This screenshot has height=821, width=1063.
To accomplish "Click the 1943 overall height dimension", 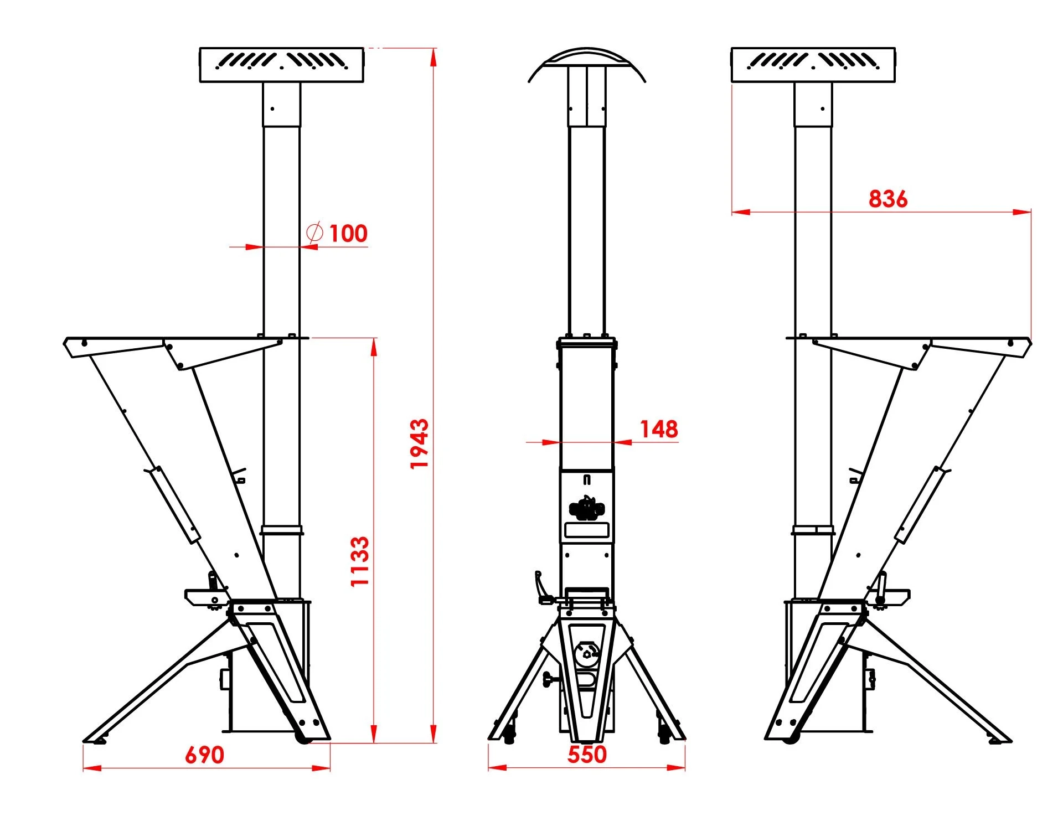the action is tap(419, 443).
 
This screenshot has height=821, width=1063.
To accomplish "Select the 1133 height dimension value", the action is tap(360, 561).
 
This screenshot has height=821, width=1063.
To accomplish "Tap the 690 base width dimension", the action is tap(204, 755).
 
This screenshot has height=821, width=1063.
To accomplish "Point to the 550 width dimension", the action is tap(587, 754).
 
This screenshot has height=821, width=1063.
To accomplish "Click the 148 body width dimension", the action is tap(659, 429).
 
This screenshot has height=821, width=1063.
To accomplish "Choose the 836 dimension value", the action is tap(888, 199).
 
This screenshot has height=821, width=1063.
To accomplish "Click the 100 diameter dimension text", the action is tap(348, 233).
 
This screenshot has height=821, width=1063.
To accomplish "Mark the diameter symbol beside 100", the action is tap(314, 233).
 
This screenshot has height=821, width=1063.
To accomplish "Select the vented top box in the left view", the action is tap(281, 65).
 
